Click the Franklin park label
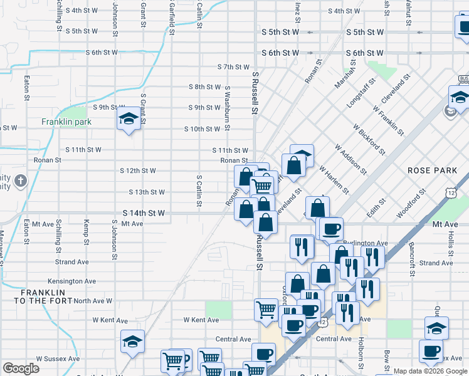click(x=67, y=122)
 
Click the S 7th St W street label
click(x=234, y=66)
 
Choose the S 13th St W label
click(x=147, y=192)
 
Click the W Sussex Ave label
click(x=58, y=359)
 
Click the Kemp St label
click(x=87, y=231)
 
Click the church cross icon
click(x=21, y=182)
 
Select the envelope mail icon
click(x=450, y=112)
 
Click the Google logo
click(x=21, y=368)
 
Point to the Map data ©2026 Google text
click(x=431, y=371)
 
